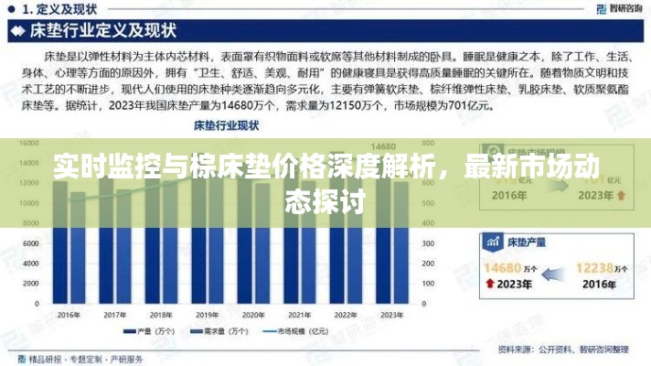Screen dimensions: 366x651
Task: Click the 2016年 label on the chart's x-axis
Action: click(69, 314)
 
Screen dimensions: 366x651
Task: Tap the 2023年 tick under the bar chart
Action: click(391, 314)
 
